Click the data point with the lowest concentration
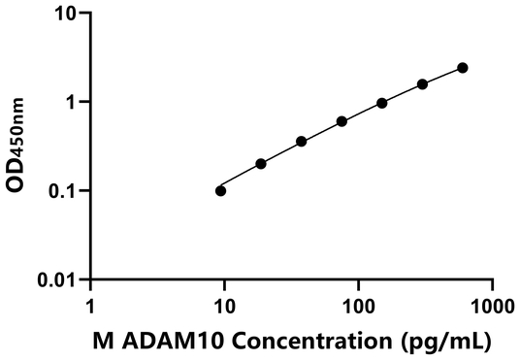(221, 190)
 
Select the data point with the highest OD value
(463, 68)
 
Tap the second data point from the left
(261, 164)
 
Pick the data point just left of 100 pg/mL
(341, 121)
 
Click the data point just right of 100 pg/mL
(382, 103)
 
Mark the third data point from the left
(302, 142)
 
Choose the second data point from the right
(422, 84)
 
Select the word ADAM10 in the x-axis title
(161, 342)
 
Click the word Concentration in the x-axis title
(302, 342)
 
